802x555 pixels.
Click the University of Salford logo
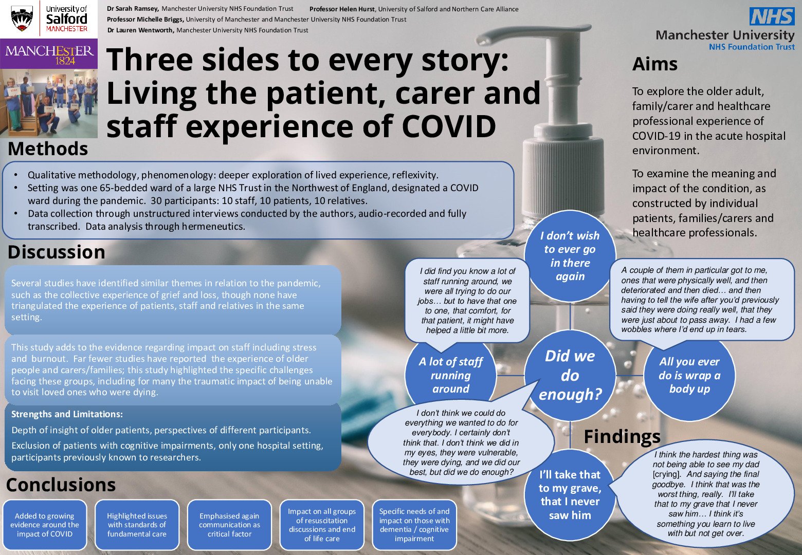tap(49, 19)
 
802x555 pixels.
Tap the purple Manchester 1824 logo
tap(49, 55)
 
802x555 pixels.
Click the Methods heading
tap(48, 149)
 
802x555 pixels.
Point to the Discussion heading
tap(56, 252)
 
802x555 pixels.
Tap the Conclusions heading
tap(61, 485)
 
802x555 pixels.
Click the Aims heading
tap(654, 64)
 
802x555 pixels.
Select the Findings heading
tap(622, 436)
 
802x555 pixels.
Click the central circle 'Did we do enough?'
tap(570, 375)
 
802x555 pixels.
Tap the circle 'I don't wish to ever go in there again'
tap(570, 256)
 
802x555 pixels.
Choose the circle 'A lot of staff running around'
tap(450, 375)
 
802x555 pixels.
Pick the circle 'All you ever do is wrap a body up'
tap(689, 375)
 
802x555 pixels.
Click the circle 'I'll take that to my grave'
tap(570, 494)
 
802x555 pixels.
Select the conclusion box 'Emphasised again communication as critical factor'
tap(229, 525)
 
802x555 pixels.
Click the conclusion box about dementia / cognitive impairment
tap(414, 525)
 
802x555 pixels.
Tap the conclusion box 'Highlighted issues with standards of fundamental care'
tap(137, 525)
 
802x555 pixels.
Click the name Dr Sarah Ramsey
tap(133, 9)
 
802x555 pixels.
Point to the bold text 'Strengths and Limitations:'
tap(67, 414)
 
